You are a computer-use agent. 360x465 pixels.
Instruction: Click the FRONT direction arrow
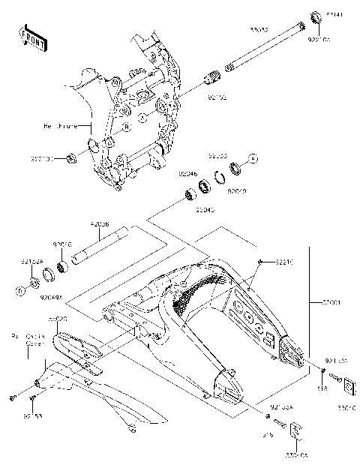pyautogui.click(x=32, y=37)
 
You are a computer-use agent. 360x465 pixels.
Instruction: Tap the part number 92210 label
pyautogui.click(x=283, y=262)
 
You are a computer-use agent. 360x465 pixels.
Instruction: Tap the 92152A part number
pyautogui.click(x=31, y=262)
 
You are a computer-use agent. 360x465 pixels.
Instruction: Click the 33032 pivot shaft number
pyautogui.click(x=260, y=30)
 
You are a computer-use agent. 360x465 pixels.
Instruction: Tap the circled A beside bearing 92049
pyautogui.click(x=253, y=159)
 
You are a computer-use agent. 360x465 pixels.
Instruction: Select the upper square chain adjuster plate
pyautogui.click(x=348, y=385)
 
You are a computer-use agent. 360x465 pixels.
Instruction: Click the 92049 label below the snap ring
pyautogui.click(x=237, y=190)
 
